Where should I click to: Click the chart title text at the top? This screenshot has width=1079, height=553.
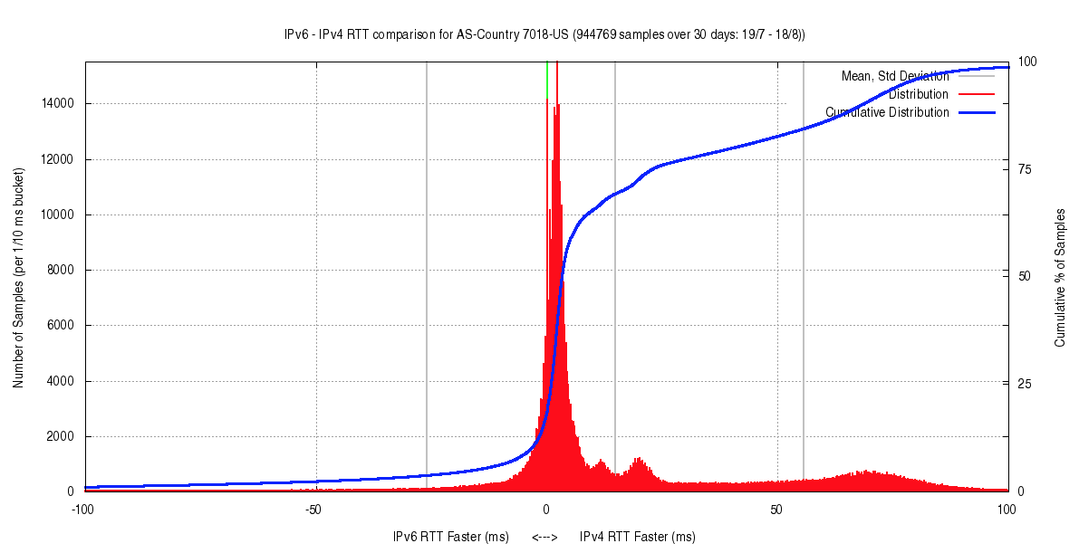[x=544, y=34]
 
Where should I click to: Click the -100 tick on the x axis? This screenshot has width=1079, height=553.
[x=82, y=510]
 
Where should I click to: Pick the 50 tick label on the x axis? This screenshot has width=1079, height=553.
[x=776, y=510]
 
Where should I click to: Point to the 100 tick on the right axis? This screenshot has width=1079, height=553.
[x=1026, y=62]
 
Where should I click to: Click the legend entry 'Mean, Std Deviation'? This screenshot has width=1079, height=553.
[x=895, y=76]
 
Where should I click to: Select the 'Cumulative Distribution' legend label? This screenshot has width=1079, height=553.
[x=887, y=112]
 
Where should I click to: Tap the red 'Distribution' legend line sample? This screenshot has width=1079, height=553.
[x=976, y=94]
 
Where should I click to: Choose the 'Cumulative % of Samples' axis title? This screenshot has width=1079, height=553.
[x=1059, y=277]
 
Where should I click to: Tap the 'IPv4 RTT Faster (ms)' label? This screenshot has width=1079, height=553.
[x=638, y=538]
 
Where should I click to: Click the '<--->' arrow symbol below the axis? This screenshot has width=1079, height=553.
[x=544, y=538]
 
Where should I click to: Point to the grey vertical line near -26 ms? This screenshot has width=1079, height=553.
[x=427, y=272]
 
